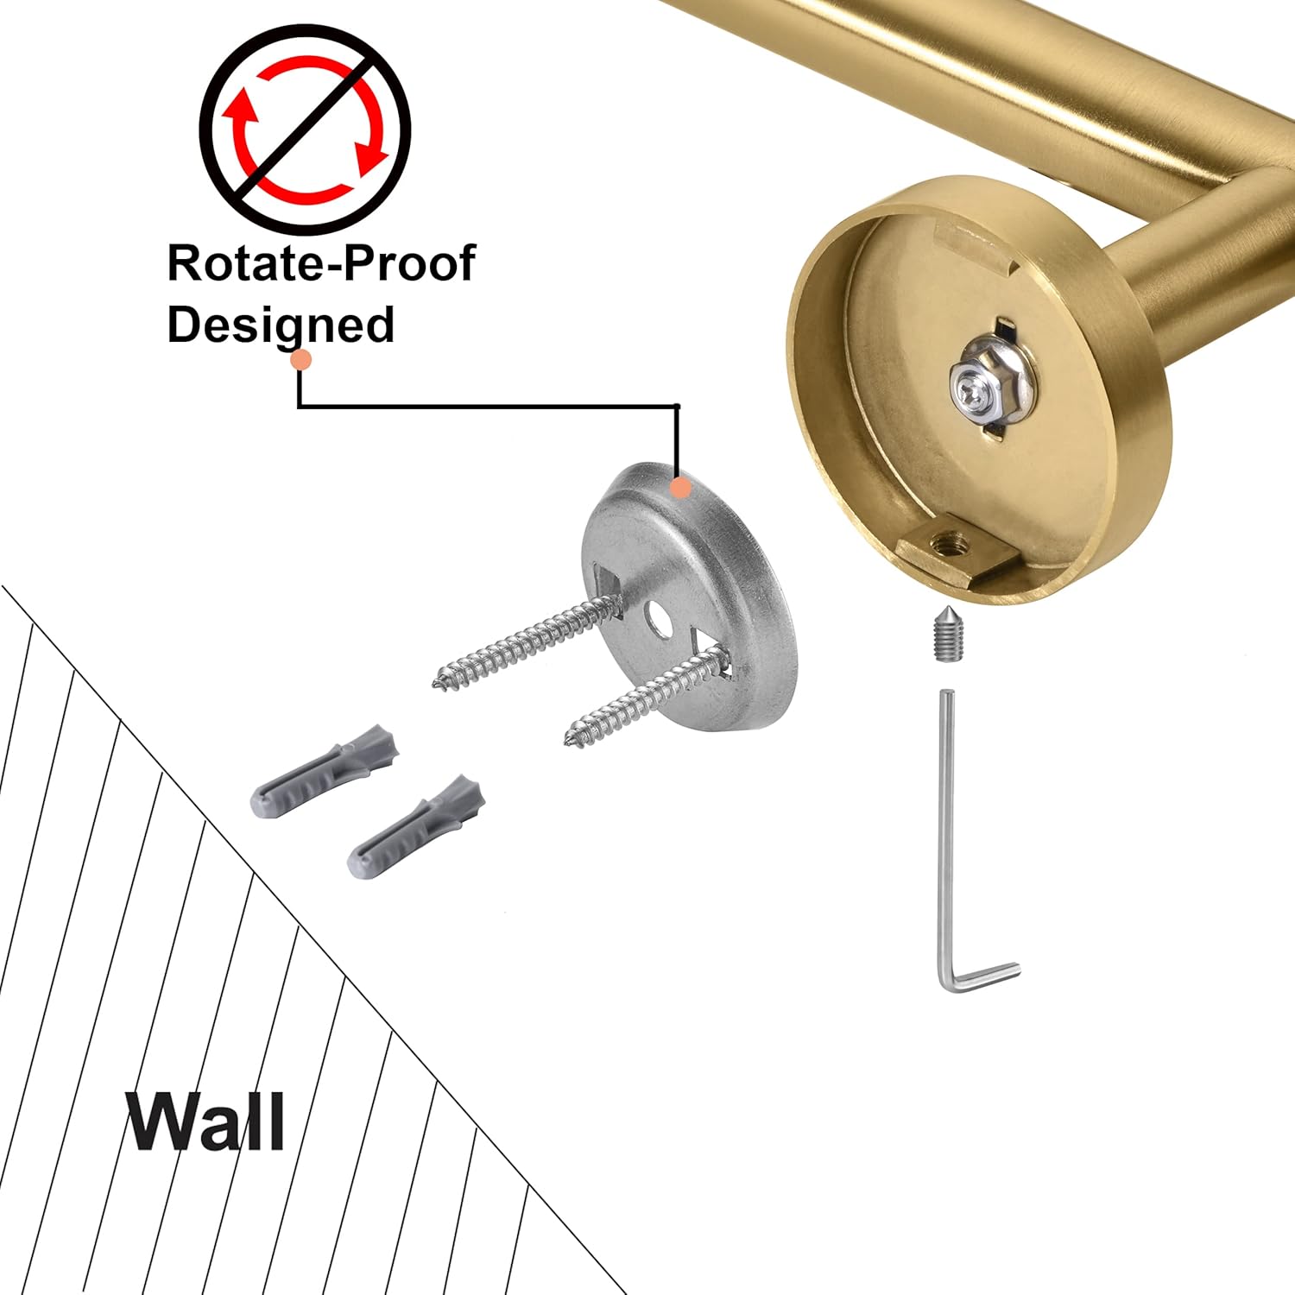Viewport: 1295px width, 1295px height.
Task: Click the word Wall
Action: click(x=205, y=1121)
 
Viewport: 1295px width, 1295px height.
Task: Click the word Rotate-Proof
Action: click(x=320, y=262)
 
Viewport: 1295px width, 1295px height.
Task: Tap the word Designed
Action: click(x=281, y=325)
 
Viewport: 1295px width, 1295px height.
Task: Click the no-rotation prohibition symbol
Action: click(x=305, y=129)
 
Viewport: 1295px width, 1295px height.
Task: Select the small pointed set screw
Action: click(x=946, y=639)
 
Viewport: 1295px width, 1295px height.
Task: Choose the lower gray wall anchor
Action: click(x=416, y=826)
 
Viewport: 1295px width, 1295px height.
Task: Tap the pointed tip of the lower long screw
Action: click(x=571, y=741)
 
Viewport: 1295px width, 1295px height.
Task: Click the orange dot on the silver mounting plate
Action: click(x=680, y=487)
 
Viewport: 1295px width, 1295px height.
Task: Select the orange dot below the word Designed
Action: click(x=300, y=360)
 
